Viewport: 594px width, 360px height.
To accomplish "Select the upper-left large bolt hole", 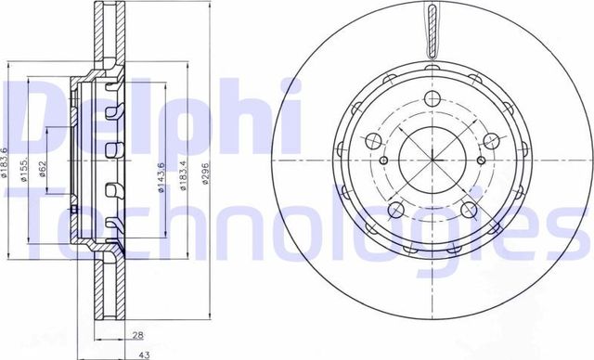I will point(374,141).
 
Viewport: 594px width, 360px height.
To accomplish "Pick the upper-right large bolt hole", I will point(493,141).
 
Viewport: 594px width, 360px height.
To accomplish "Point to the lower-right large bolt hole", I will point(471,206).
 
